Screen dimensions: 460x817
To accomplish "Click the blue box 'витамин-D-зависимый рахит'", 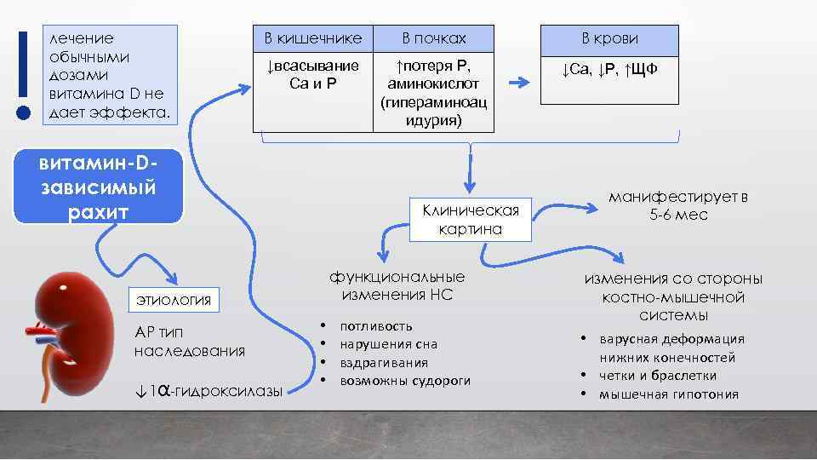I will pos(98,187).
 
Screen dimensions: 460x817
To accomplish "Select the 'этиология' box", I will pos(174,298).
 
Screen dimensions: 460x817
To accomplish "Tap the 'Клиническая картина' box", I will pos(471,219).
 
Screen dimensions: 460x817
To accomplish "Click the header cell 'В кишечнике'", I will pos(312,38).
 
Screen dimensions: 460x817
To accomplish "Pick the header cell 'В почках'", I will pos(434,38).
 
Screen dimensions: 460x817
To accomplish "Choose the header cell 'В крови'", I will pos(609,38).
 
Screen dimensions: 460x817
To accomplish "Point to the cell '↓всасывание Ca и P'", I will pos(312,75).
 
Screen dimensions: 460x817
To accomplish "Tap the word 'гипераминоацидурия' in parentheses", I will pos(434,112).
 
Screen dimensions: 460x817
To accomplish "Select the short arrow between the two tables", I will pos(517,83).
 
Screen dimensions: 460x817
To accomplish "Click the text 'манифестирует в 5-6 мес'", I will pos(677,206).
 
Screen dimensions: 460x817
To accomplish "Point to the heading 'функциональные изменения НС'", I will pos(397,286).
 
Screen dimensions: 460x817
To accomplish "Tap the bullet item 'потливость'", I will pos(376,325).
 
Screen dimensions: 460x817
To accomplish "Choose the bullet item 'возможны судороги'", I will pos(405,381).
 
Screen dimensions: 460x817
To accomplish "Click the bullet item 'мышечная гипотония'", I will pos(669,394).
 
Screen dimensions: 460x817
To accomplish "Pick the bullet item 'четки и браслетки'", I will pos(657,376).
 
